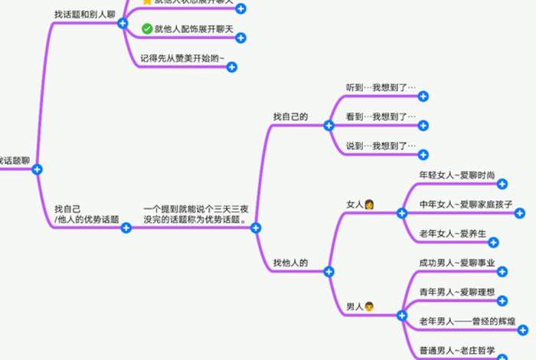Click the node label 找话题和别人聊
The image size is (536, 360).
84,15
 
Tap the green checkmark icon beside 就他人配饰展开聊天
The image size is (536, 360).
147,29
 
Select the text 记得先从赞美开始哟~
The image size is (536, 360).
183,58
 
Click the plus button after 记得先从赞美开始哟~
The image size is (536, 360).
232,67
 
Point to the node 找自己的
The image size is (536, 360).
290,116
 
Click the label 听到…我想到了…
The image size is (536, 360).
381,87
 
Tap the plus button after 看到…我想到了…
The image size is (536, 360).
423,126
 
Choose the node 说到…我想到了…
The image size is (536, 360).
381,146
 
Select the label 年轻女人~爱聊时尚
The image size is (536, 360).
457,175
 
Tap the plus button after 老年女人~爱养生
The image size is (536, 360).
493,243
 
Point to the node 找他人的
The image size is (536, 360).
290,263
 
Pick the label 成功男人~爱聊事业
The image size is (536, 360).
457,263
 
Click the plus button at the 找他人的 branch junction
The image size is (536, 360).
328,272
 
